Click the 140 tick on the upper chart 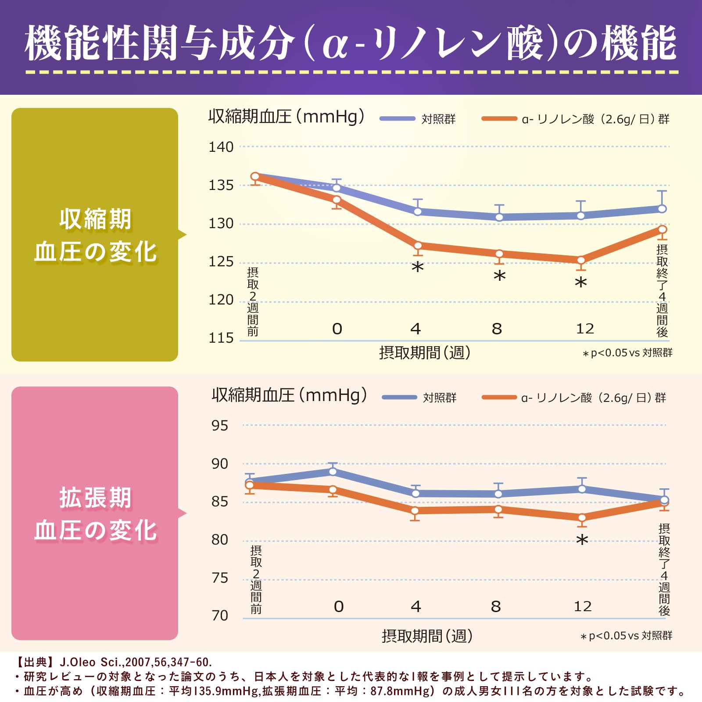coord(221,147)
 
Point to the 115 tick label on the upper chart coord(221,338)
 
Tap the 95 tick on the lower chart coord(220,426)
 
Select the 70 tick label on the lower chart coord(220,616)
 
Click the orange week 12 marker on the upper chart coord(581,260)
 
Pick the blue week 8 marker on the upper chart coord(499,217)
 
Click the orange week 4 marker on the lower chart coord(415,510)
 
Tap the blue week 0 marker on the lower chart coord(333,472)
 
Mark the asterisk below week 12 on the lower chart coord(582,540)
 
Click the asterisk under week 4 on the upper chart coord(418,267)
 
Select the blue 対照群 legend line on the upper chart coord(397,118)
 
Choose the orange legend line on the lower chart coord(499,398)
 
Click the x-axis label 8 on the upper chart coord(497,329)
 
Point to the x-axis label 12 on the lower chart coord(583,606)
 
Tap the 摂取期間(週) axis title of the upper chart coord(424,352)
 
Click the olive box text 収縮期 coord(95,219)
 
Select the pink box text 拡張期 coord(95,498)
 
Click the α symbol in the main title coord(335,45)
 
